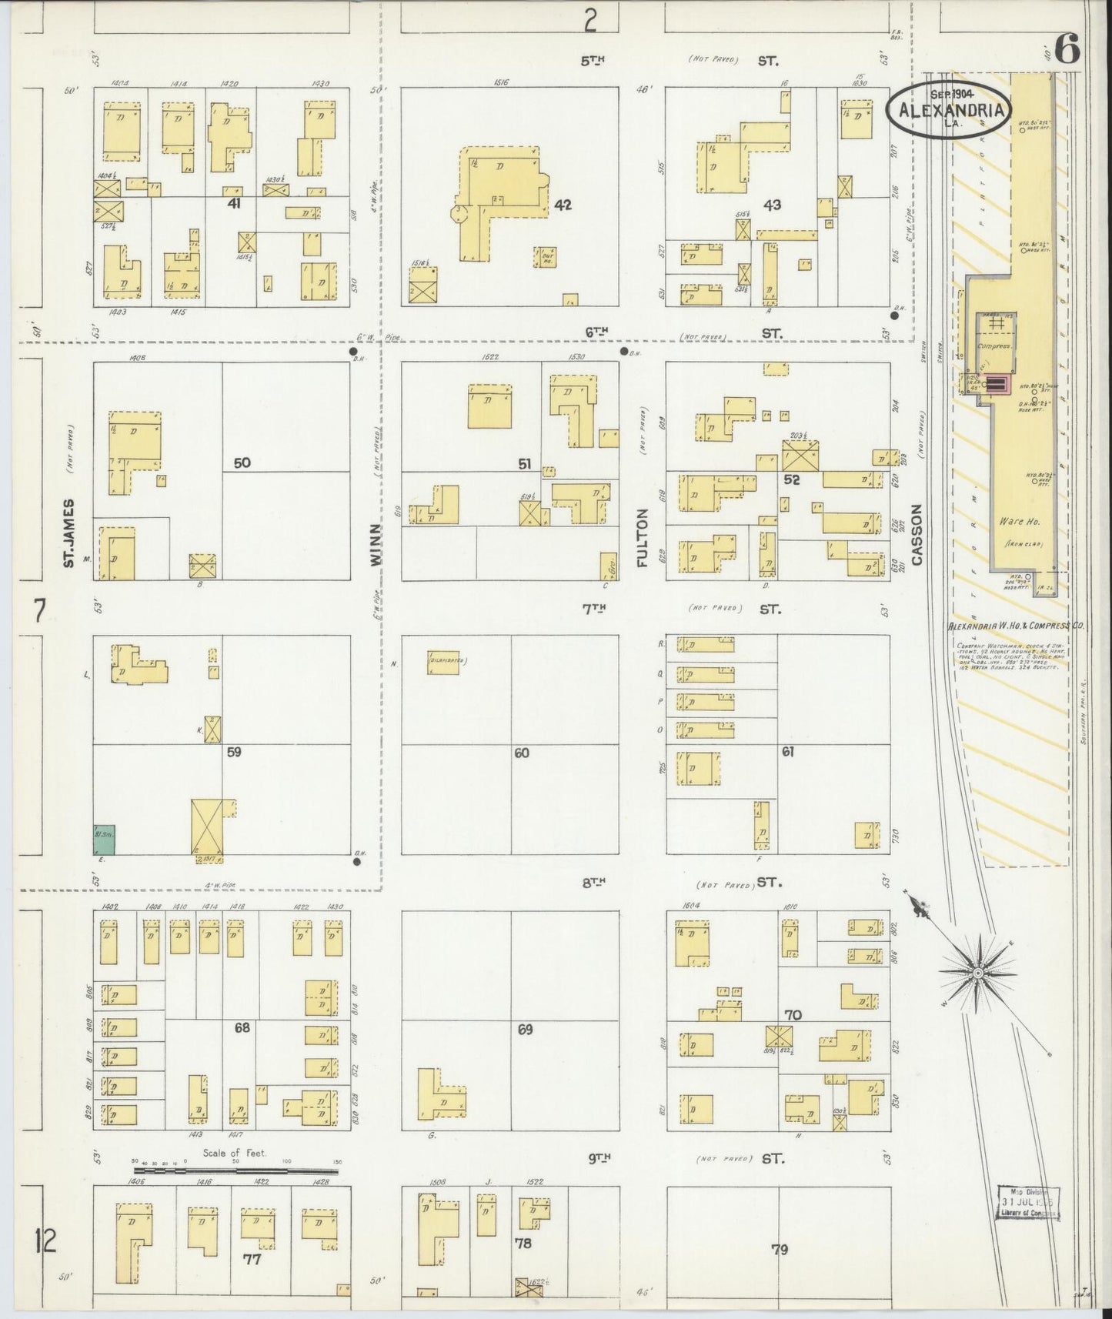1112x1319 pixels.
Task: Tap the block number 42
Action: [x=563, y=205]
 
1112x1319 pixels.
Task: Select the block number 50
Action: [x=242, y=462]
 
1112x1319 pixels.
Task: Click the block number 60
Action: [x=522, y=753]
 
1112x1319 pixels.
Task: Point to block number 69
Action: [x=525, y=1029]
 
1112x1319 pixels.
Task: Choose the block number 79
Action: [x=780, y=1249]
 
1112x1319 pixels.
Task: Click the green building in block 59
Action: [x=104, y=840]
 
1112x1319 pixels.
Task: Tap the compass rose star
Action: [x=977, y=973]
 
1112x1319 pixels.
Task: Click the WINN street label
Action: [x=376, y=545]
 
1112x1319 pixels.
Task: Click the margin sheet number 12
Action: [x=45, y=1241]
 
